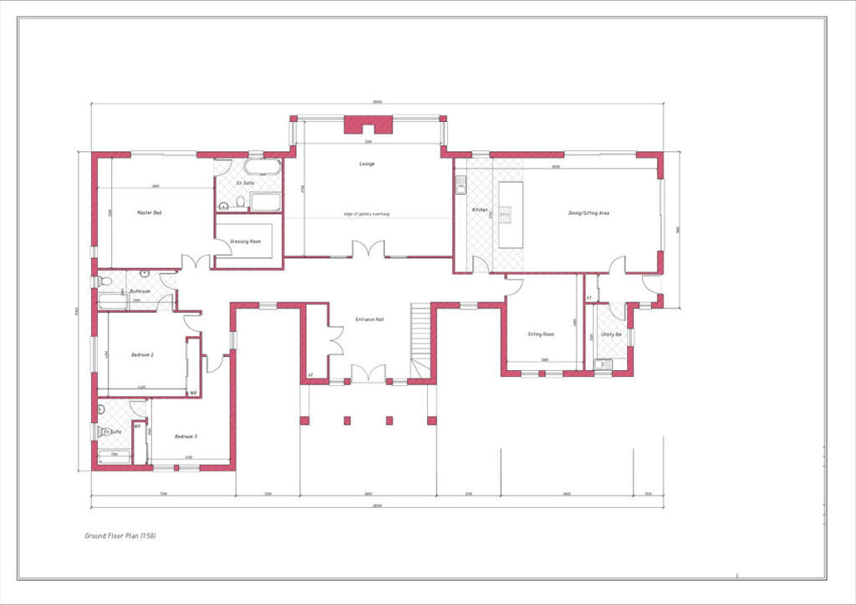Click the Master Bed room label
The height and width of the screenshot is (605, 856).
(x=149, y=213)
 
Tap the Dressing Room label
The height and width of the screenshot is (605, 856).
(x=246, y=241)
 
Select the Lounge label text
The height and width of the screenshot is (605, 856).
(x=367, y=164)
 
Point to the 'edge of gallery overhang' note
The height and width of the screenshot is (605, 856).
(x=367, y=215)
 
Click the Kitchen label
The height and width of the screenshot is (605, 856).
(x=480, y=210)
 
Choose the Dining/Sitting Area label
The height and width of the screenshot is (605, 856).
(x=588, y=213)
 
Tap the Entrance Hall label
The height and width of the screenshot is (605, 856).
(x=369, y=320)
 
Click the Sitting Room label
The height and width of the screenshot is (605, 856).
(x=541, y=333)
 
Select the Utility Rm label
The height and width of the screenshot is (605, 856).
(x=611, y=334)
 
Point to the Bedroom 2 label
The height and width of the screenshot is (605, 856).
(x=142, y=355)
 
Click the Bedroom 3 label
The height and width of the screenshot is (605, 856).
(x=186, y=436)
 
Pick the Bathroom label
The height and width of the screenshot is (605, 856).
(x=140, y=292)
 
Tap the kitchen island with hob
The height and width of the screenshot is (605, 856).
(x=510, y=214)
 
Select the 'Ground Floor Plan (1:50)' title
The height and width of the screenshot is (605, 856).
(x=120, y=535)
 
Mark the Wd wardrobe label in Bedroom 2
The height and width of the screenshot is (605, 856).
(x=193, y=393)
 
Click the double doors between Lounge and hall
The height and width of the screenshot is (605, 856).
(x=368, y=249)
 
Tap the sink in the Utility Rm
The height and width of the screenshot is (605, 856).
(x=602, y=364)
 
